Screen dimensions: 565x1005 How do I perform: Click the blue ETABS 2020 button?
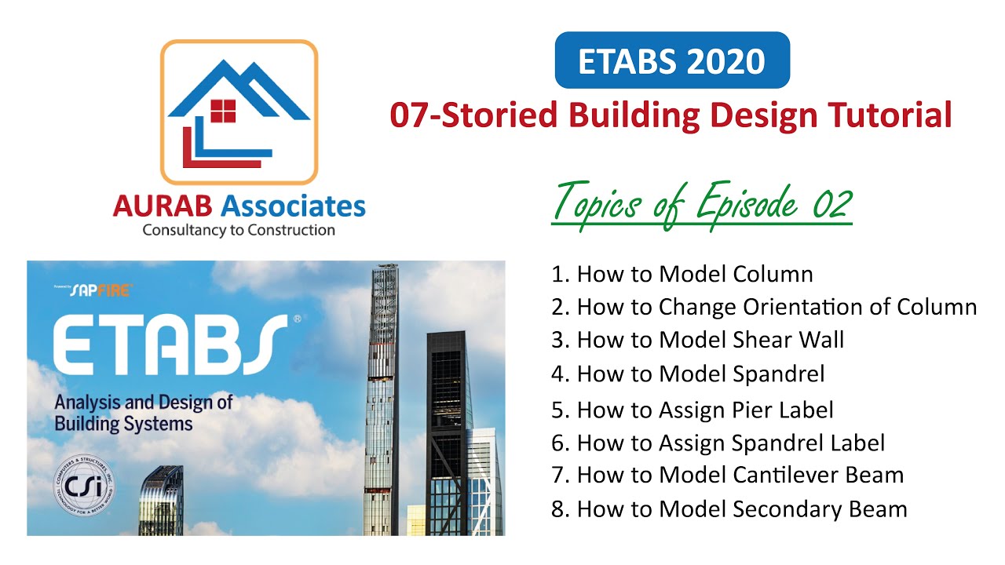(x=671, y=60)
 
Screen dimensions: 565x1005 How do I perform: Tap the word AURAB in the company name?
(x=163, y=206)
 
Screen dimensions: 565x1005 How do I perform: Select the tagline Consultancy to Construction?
(x=239, y=231)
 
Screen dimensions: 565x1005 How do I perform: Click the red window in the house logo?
(x=223, y=111)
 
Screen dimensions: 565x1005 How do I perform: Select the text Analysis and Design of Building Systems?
(x=144, y=414)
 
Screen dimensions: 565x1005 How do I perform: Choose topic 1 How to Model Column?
(x=682, y=274)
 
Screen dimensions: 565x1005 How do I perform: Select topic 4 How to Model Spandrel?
(x=688, y=374)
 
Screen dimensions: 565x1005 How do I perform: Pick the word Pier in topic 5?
(x=755, y=410)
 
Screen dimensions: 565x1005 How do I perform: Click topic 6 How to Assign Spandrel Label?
(x=718, y=443)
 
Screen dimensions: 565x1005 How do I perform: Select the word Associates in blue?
(x=294, y=206)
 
